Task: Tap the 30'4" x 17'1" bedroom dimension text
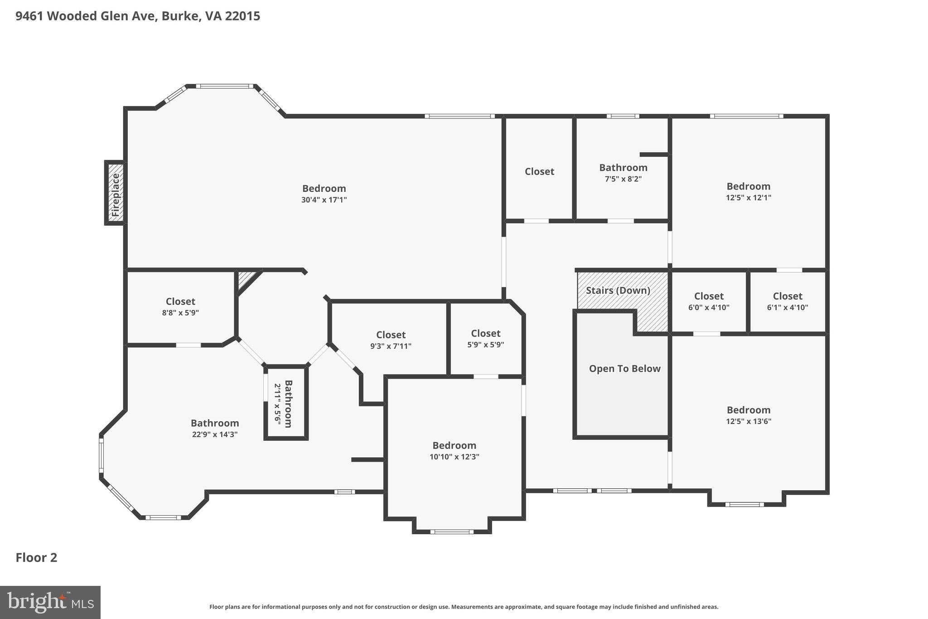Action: click(324, 200)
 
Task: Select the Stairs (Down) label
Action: click(618, 290)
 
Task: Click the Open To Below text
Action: click(624, 369)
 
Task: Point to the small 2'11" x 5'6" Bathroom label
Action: click(283, 404)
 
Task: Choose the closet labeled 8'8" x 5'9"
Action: click(180, 307)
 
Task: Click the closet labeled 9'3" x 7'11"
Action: click(391, 340)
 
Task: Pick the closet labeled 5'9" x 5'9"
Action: click(485, 339)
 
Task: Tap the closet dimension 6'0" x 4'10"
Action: click(709, 307)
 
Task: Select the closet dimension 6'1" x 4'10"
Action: click(788, 307)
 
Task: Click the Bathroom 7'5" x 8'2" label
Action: click(623, 173)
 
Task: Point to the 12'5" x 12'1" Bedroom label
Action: click(748, 191)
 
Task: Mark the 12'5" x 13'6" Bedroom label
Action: click(748, 415)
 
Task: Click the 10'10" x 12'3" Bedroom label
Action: click(454, 451)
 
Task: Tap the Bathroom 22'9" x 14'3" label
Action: click(215, 429)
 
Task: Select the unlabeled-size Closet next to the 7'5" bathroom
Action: click(539, 171)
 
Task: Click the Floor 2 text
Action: click(36, 557)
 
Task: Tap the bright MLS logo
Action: click(50, 602)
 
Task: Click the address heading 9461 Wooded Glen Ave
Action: click(138, 16)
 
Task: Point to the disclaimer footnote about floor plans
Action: click(464, 607)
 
